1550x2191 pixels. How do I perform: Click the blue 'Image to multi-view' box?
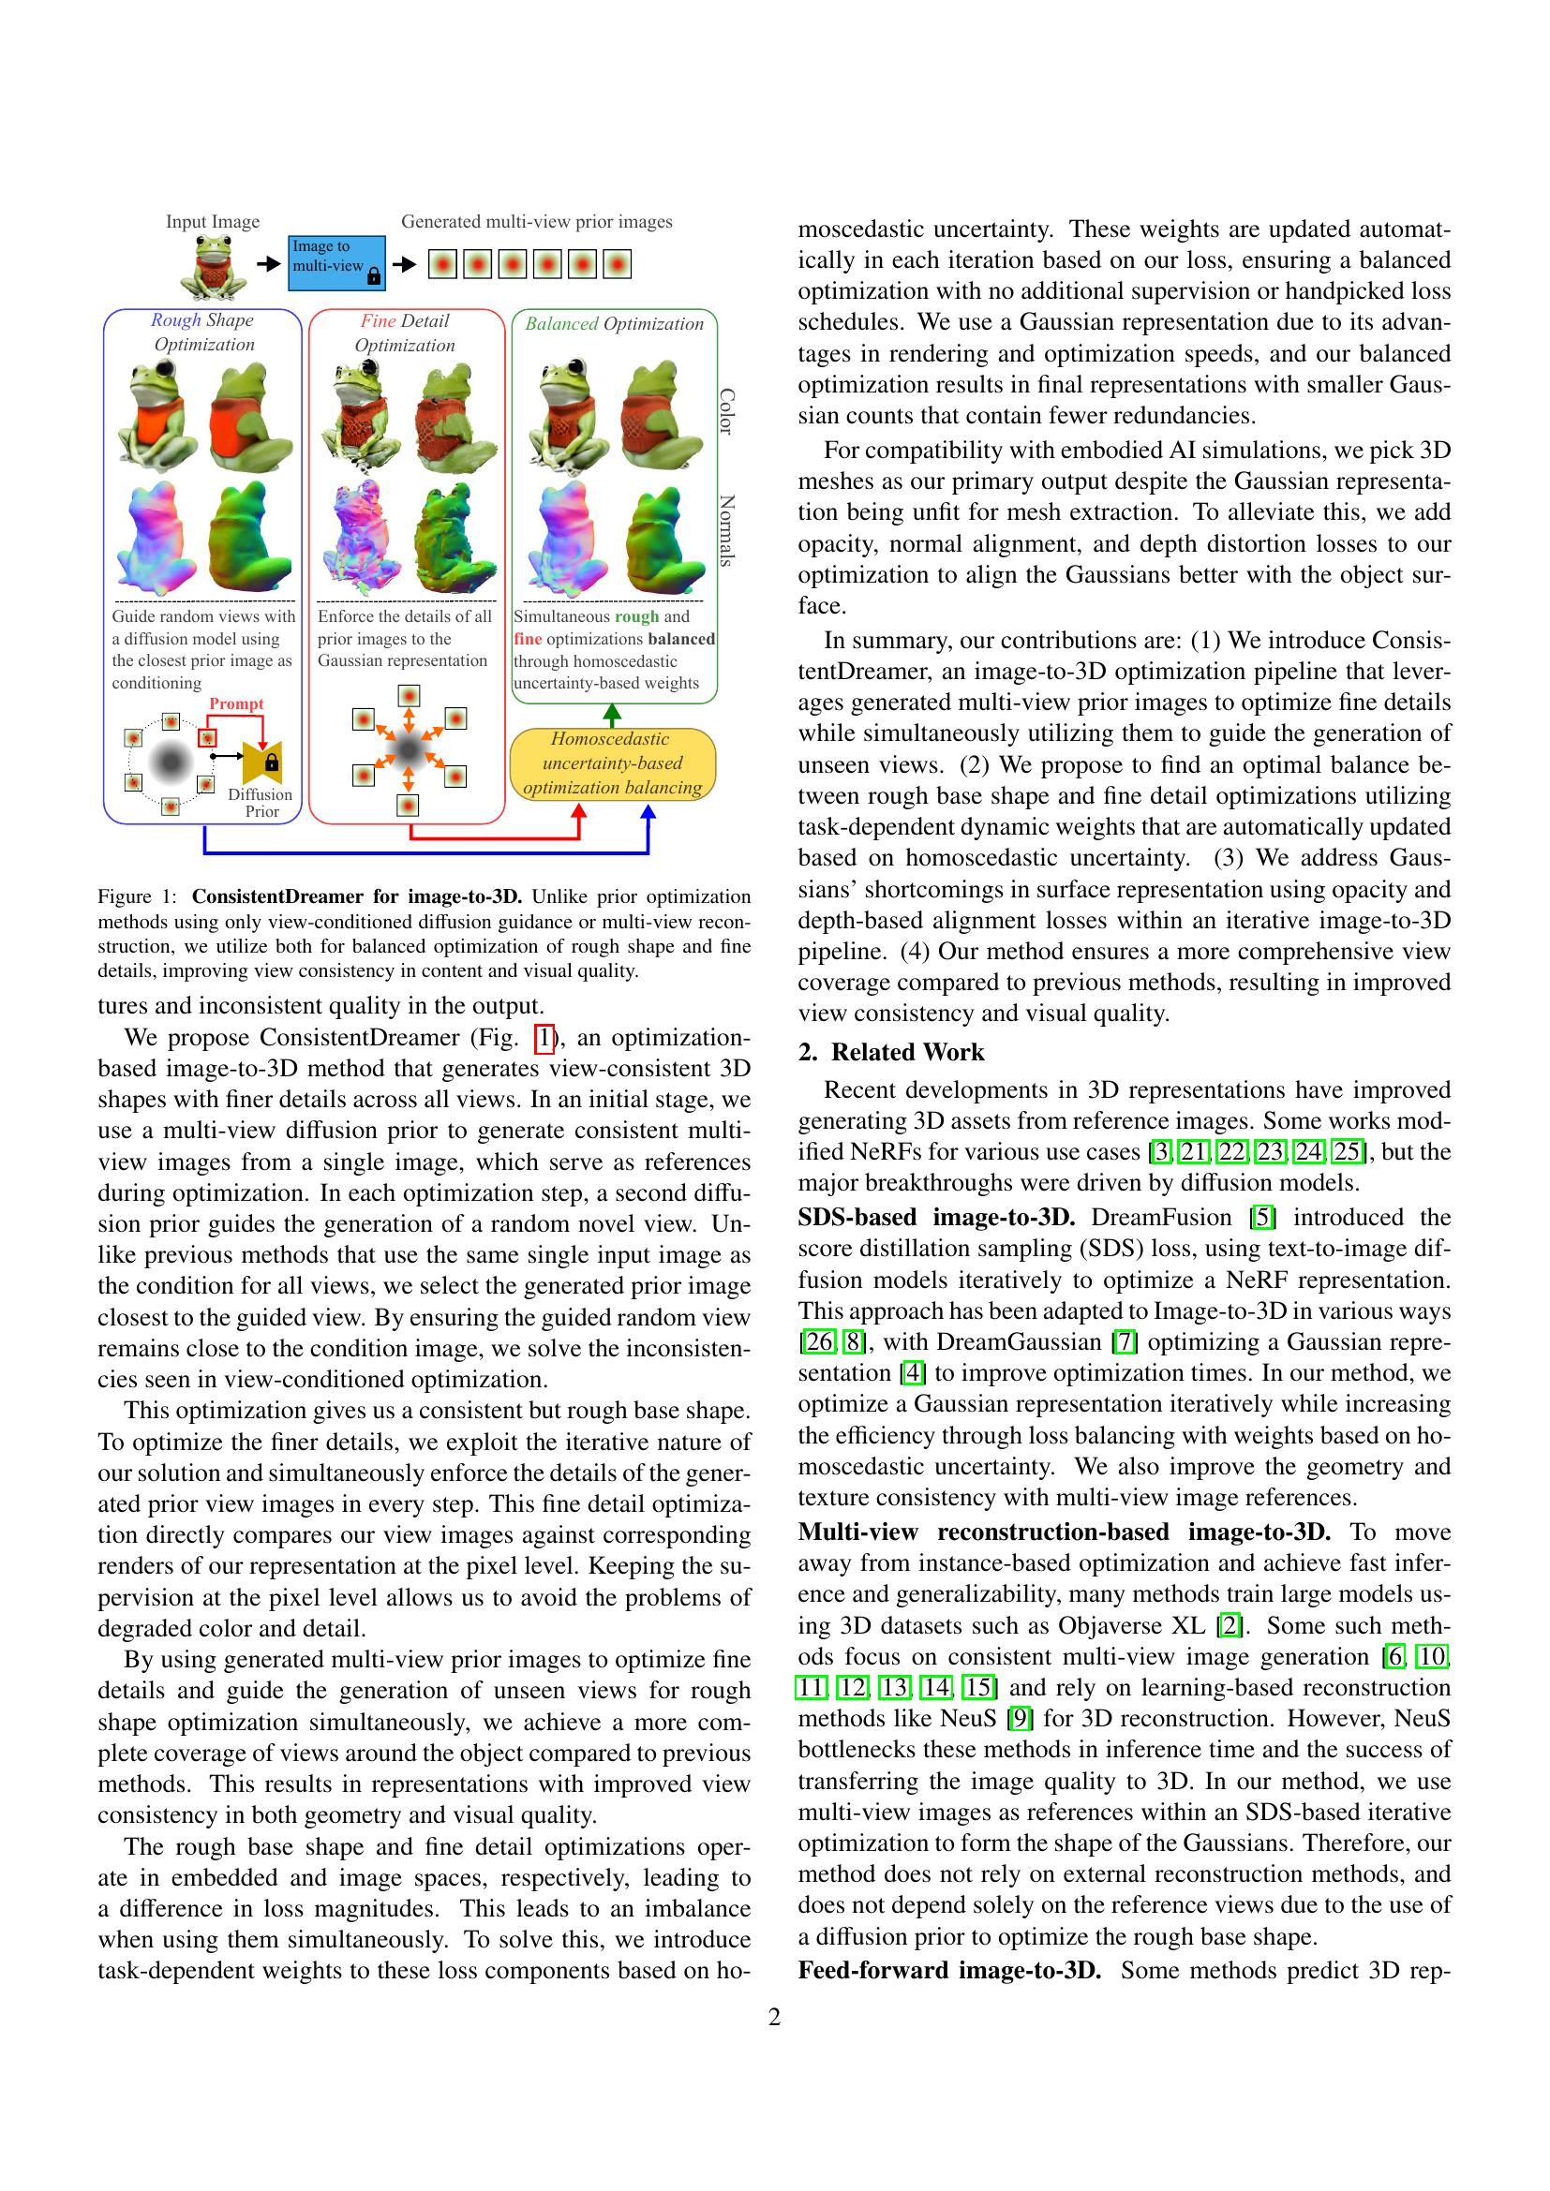(337, 262)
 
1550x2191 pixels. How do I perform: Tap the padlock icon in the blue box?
(373, 277)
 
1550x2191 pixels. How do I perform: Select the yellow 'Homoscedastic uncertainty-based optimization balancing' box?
(613, 763)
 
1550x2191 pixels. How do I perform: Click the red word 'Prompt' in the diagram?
(236, 704)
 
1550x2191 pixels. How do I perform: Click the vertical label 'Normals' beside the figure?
(726, 530)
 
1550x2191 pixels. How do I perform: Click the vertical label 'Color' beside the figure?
(726, 411)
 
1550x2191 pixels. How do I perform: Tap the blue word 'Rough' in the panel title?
(175, 320)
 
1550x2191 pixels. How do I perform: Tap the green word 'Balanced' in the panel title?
(561, 324)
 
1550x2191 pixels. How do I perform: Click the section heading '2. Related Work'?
(890, 1052)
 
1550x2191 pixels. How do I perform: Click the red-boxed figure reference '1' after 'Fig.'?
(545, 1037)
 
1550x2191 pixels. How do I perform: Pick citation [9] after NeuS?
(1021, 1718)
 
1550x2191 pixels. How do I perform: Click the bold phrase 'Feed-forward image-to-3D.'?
(948, 1970)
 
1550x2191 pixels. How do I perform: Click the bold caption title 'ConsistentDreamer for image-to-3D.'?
(357, 897)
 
